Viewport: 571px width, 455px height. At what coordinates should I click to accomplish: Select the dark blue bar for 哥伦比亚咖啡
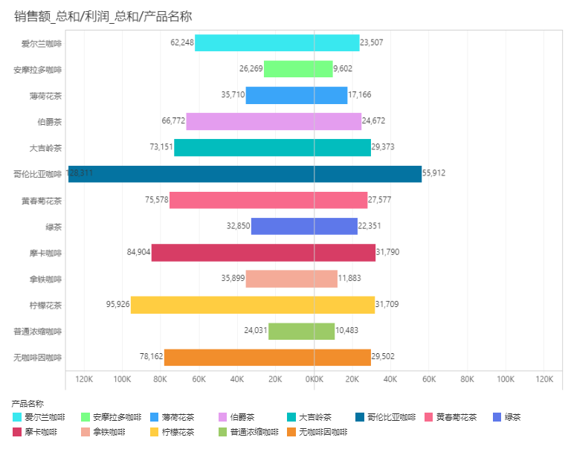click(245, 174)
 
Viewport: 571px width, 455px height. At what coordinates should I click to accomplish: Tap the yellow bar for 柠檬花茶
click(253, 305)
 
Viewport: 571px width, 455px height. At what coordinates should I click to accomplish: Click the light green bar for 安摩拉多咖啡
click(298, 69)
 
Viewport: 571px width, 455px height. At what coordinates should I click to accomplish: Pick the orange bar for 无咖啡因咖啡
click(268, 358)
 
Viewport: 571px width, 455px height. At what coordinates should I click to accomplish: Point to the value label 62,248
click(181, 43)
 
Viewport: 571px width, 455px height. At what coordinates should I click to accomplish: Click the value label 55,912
click(434, 174)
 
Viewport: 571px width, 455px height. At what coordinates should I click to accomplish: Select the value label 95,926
click(117, 305)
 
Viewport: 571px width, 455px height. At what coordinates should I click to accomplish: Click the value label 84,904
click(138, 253)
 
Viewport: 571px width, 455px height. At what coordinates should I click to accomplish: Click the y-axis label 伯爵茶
click(49, 122)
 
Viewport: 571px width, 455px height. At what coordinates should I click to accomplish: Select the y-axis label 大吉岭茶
click(45, 148)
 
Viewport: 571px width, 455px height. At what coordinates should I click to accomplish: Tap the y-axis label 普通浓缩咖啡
click(38, 332)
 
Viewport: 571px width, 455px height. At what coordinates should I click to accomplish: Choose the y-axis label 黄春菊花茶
click(42, 201)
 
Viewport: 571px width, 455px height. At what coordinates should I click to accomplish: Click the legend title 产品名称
click(28, 403)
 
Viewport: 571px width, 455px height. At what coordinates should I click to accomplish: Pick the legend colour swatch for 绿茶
click(496, 417)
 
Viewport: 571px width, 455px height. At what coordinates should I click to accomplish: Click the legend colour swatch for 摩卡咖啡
click(17, 431)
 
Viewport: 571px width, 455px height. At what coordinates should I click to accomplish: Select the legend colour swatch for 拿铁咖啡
click(86, 431)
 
